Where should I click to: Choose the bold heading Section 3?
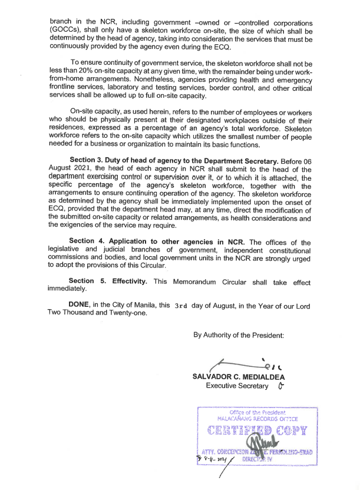(x=90, y=161)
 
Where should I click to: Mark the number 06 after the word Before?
(x=306, y=161)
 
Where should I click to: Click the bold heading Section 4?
(x=89, y=241)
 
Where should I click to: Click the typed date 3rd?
(x=179, y=306)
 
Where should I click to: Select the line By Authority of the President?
(x=239, y=335)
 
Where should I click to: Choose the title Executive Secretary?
(x=237, y=386)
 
